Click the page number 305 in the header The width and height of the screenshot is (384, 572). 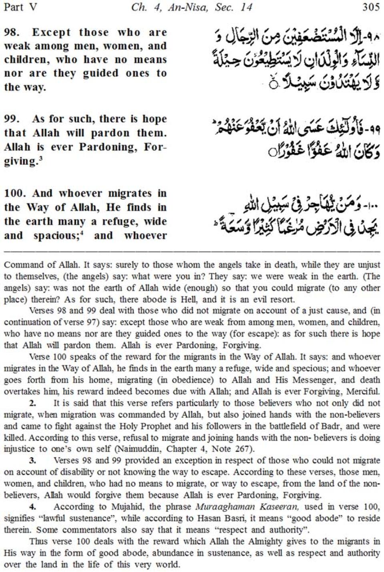coord(371,7)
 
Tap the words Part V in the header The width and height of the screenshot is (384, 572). coord(20,7)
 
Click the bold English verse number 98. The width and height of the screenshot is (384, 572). coord(12,32)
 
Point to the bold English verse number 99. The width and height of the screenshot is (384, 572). coord(12,119)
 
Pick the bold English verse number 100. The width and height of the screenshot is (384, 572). coord(15,193)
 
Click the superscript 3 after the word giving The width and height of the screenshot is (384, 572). coord(41,159)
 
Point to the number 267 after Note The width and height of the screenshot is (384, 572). coord(241,449)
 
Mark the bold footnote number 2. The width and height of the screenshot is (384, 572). coord(32,403)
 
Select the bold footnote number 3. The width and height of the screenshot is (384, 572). coord(32,461)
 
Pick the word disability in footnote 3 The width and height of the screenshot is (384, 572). coord(76,472)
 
